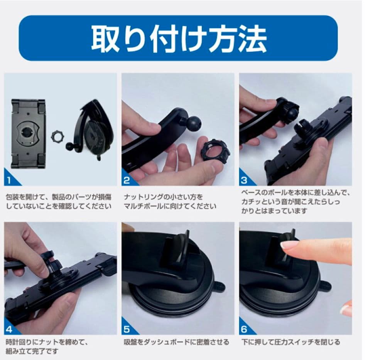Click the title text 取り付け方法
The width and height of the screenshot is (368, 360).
click(179, 39)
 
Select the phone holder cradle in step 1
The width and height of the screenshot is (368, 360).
click(28, 133)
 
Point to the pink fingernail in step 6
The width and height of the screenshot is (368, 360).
click(287, 245)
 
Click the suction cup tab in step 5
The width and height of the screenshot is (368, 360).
click(219, 287)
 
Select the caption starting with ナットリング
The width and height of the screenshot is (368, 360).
click(170, 202)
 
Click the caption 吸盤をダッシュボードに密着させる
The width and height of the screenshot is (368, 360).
click(176, 342)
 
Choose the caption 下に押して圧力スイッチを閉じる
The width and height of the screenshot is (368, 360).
click(290, 342)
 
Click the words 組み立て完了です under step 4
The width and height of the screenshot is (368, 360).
click(32, 351)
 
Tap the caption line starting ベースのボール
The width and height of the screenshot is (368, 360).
click(296, 193)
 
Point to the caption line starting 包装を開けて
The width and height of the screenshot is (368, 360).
click(58, 197)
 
